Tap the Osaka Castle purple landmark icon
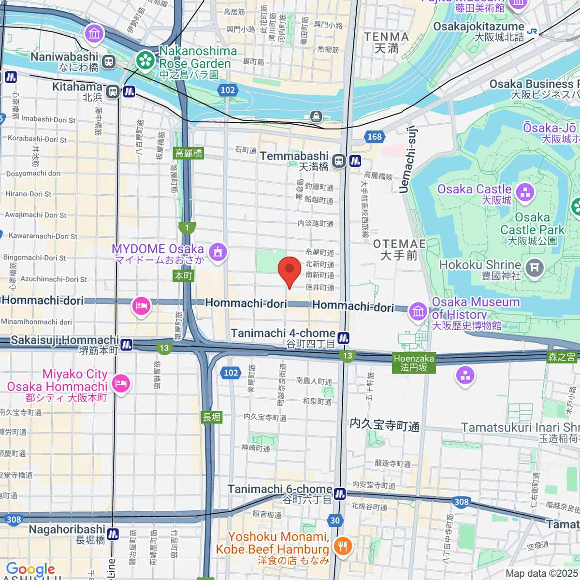tap(525, 192)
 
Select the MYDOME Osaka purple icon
tap(218, 252)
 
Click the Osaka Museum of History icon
tap(418, 311)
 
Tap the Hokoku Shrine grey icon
tap(534, 268)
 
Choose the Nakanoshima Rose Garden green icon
tap(145, 60)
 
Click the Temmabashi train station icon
tap(339, 161)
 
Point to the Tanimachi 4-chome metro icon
tap(344, 338)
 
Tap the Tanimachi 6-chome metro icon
tap(340, 493)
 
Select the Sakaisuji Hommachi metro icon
tap(126, 344)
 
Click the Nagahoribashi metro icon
tap(113, 534)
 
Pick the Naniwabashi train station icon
tap(108, 61)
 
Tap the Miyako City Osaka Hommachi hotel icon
tap(119, 384)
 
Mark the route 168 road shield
tap(375, 137)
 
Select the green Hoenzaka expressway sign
tap(414, 362)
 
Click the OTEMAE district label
tap(399, 249)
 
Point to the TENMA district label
tap(386, 43)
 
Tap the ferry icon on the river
tap(316, 116)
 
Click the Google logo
tap(30, 569)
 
